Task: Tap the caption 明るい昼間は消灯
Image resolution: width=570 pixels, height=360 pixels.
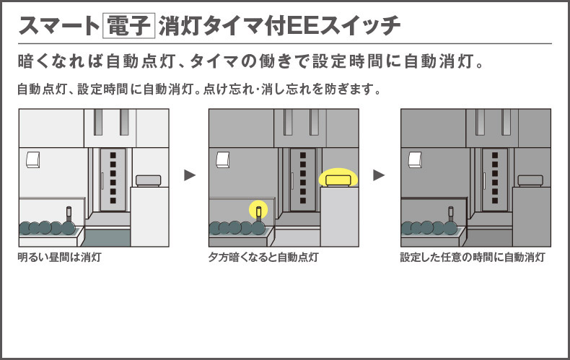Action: click(x=60, y=257)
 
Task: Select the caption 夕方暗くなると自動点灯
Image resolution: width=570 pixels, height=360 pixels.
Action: click(x=263, y=257)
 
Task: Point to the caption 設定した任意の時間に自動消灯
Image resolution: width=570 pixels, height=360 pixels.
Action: click(x=473, y=257)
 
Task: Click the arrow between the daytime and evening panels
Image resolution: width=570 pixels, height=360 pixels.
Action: click(x=190, y=175)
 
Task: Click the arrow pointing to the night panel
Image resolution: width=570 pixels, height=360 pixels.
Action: click(x=380, y=175)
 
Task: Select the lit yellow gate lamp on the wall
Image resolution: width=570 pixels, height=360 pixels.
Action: click(x=338, y=177)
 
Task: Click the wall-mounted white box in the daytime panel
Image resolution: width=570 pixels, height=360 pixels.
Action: click(x=33, y=159)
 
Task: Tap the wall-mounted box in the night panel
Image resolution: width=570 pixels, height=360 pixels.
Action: click(x=415, y=159)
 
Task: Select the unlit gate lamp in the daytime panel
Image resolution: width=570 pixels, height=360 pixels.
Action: click(x=148, y=180)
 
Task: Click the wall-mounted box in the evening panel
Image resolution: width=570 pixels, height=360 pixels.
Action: click(x=224, y=159)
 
